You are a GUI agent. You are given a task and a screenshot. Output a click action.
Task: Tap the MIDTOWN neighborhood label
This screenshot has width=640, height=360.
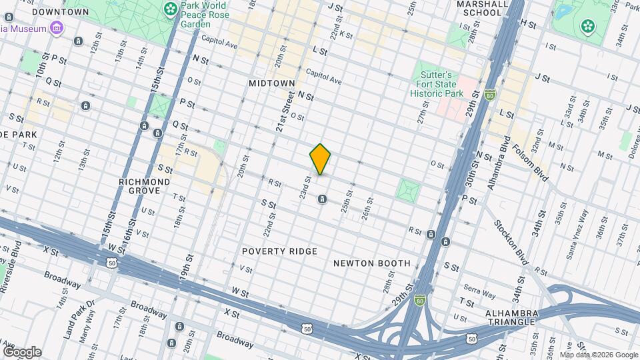pyautogui.click(x=271, y=83)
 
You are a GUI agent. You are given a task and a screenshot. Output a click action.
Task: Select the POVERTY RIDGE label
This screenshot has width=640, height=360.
pyautogui.click(x=279, y=251)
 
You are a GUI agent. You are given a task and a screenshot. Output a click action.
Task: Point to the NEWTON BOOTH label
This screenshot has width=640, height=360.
pyautogui.click(x=372, y=263)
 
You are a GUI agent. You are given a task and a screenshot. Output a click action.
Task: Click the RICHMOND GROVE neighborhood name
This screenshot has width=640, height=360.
pyautogui.click(x=144, y=186)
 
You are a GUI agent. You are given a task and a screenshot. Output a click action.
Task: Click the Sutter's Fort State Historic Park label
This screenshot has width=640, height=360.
pyautogui.click(x=436, y=84)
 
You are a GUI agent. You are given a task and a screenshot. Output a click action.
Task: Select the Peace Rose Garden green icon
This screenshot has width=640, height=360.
pyautogui.click(x=171, y=9)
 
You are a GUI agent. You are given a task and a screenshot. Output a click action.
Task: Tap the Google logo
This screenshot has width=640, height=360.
pyautogui.click(x=22, y=351)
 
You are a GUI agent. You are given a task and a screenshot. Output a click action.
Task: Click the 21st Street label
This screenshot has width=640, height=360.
pyautogui.click(x=286, y=111)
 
